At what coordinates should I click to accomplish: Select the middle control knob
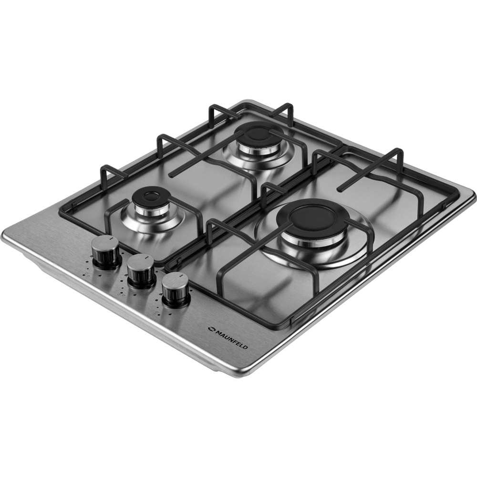(140, 270)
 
